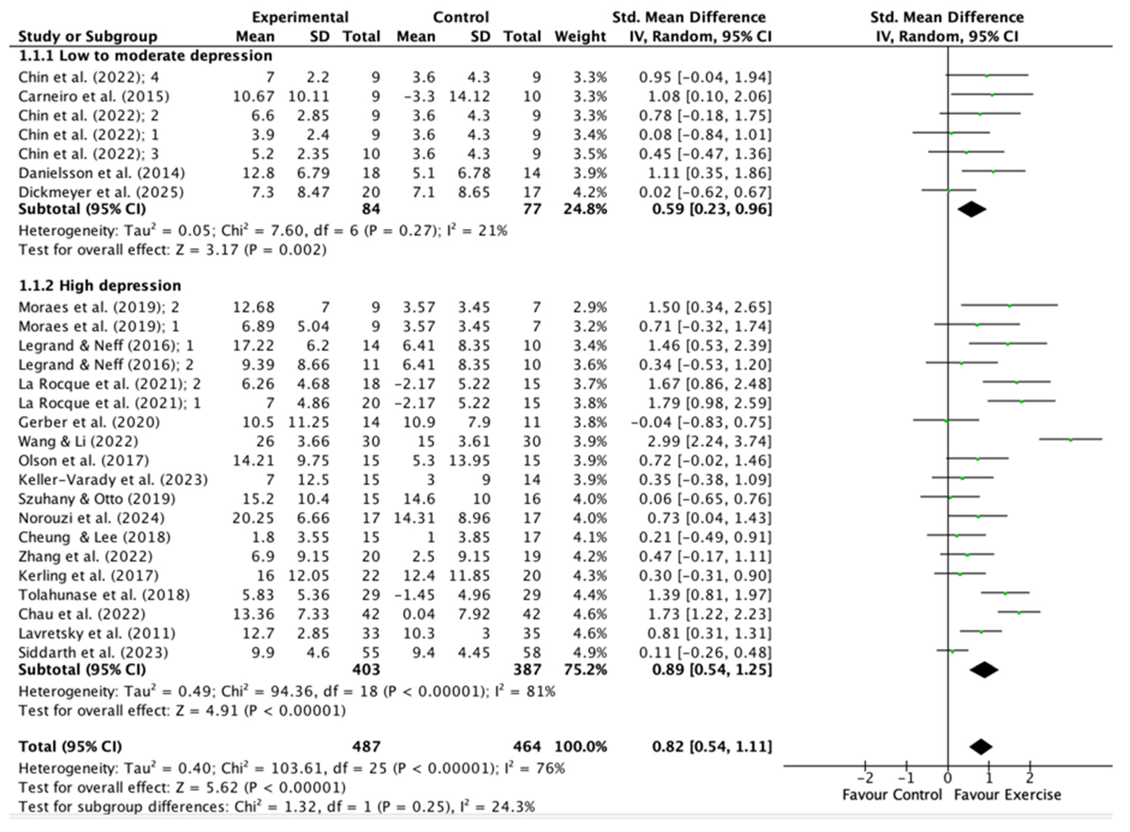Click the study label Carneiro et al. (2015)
94,96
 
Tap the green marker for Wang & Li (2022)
1071,440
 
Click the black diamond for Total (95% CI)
980,746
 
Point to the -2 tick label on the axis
865,779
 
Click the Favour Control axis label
892,795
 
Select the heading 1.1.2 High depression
100,286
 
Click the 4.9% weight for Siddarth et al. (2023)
590,653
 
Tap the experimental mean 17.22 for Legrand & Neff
254,345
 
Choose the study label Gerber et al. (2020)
89,422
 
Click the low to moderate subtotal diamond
972,209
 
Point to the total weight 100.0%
581,746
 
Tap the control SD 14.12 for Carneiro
470,96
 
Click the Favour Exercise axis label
1007,795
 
